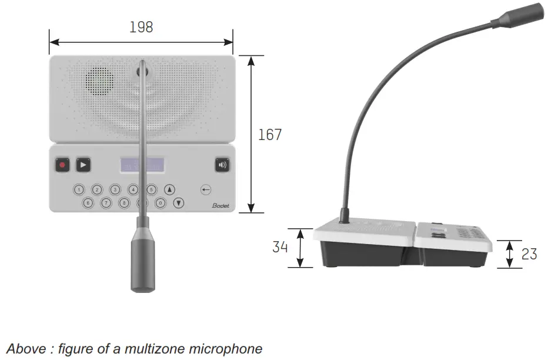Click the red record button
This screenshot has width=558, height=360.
pos(62,165)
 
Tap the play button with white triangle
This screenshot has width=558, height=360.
pos(83,165)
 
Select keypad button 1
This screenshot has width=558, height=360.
pos(79,189)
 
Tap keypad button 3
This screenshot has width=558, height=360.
pos(115,189)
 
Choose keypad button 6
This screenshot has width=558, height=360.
pos(88,204)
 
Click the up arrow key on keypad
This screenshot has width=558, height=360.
pos(170,189)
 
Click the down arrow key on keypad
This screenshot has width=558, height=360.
pos(179,204)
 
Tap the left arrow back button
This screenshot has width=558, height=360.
pos(206,189)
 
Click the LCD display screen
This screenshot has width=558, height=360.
pos(142,165)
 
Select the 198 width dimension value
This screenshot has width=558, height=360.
pos(141,27)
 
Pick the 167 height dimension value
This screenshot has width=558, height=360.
pos(270,135)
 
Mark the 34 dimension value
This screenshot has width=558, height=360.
pos(280,248)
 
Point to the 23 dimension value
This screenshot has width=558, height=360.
pos(529,254)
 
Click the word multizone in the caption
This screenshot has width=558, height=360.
pos(150,349)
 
